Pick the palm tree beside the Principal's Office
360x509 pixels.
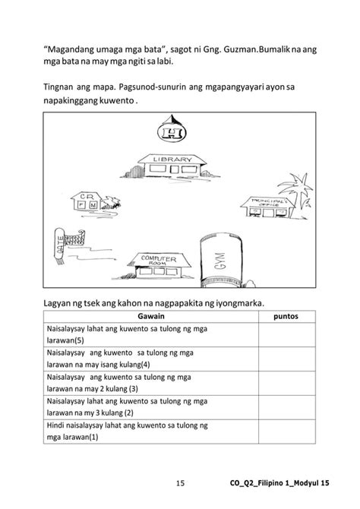tap(302, 186)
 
